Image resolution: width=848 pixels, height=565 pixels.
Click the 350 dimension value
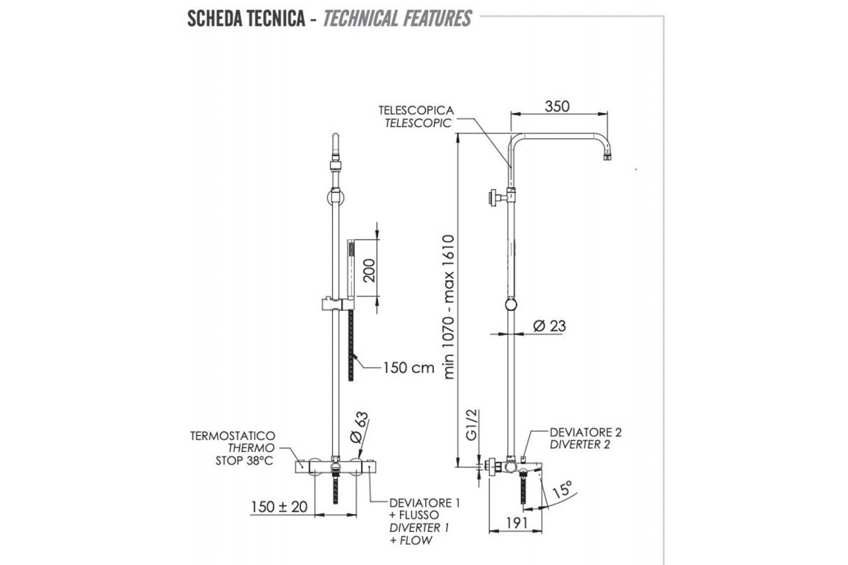click(x=558, y=106)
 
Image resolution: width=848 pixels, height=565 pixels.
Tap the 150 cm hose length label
click(x=408, y=367)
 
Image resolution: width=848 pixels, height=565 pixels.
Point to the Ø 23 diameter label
click(x=550, y=326)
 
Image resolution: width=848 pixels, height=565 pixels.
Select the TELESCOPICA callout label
click(x=416, y=111)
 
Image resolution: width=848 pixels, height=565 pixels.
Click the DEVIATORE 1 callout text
click(x=425, y=503)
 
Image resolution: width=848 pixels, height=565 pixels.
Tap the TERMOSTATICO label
click(x=232, y=436)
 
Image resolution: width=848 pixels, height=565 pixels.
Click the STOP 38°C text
click(x=244, y=461)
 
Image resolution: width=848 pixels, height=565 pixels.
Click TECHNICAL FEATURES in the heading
click(x=397, y=18)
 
